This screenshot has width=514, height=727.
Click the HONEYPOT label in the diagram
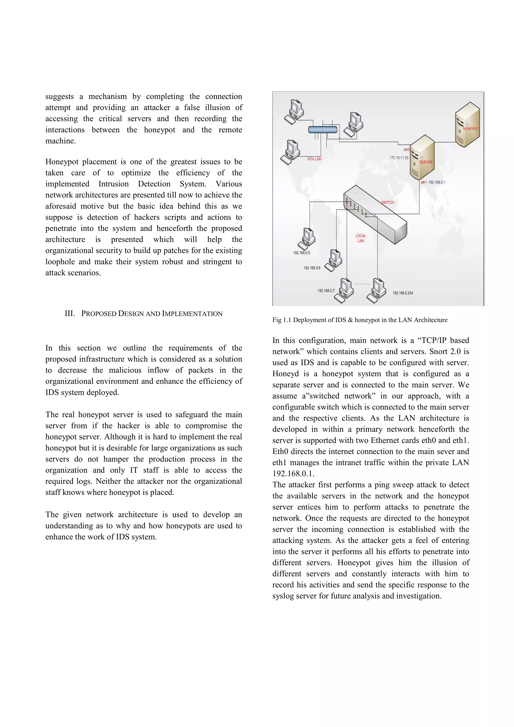(471, 128)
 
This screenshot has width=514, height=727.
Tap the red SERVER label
(426, 162)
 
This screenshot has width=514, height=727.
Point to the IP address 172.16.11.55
(399, 158)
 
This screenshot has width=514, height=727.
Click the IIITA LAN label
(314, 159)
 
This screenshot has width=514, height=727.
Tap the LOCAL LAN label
(360, 238)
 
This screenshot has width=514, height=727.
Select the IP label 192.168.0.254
(403, 293)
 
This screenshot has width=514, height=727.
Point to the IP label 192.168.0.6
(312, 268)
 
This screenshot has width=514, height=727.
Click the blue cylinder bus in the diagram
(323, 129)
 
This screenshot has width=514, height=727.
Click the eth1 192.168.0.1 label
(433, 182)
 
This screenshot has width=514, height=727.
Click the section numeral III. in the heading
(70, 314)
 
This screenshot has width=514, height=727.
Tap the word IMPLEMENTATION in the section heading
(192, 314)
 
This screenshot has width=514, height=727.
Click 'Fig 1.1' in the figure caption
(282, 320)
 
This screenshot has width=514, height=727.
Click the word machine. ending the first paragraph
(60, 141)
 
